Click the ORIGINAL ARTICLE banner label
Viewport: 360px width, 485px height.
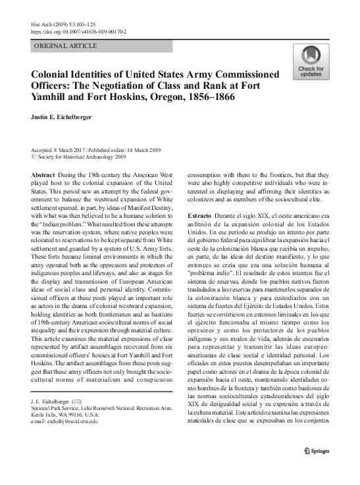click(x=64, y=46)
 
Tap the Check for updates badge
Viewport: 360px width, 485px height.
click(x=311, y=63)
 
